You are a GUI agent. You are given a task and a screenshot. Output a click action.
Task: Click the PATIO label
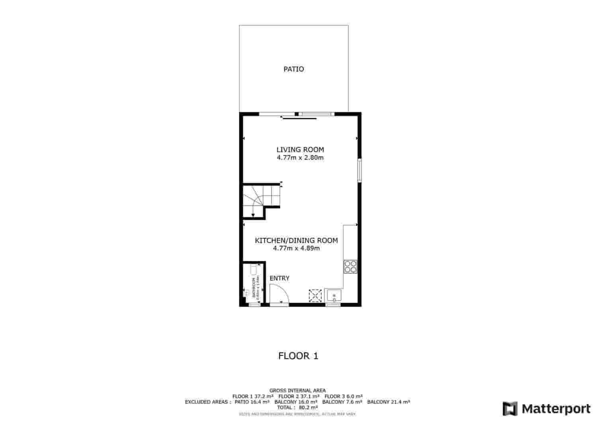[x=294, y=69]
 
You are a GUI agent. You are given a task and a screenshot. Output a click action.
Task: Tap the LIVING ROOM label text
[x=300, y=150]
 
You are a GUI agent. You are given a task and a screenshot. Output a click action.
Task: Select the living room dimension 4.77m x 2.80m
[x=300, y=158]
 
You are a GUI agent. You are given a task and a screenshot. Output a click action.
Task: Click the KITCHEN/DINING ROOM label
[x=296, y=240]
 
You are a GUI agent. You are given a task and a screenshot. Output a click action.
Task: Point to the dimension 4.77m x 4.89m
[x=296, y=248]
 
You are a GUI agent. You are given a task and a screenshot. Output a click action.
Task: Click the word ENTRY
[x=279, y=278]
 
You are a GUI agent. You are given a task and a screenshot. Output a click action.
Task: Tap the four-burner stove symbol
[x=350, y=266]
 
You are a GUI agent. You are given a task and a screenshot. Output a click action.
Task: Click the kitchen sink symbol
[x=334, y=296]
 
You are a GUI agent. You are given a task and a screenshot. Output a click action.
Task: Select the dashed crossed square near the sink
[x=315, y=296]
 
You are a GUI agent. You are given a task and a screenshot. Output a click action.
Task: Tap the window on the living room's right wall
[x=359, y=170]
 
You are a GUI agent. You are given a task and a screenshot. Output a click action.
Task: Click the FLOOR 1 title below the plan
[x=298, y=356]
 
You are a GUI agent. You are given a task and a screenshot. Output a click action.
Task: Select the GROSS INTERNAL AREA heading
[x=297, y=391]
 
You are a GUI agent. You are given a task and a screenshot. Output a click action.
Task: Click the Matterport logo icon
[x=510, y=408]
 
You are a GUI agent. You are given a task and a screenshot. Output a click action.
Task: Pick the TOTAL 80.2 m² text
[x=298, y=407]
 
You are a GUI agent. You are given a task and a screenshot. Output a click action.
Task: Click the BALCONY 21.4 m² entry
[x=388, y=402]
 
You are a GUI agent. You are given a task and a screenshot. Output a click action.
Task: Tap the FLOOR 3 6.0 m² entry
[x=343, y=396]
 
